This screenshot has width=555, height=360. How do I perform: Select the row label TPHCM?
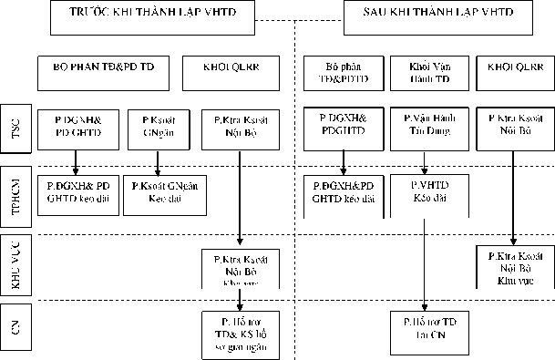pos(13,194)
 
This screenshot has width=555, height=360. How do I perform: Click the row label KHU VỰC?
pos(13,265)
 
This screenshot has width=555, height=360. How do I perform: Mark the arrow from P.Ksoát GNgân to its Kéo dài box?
pos(159,159)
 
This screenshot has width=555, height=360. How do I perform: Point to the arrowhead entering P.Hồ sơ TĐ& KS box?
pos(239,307)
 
